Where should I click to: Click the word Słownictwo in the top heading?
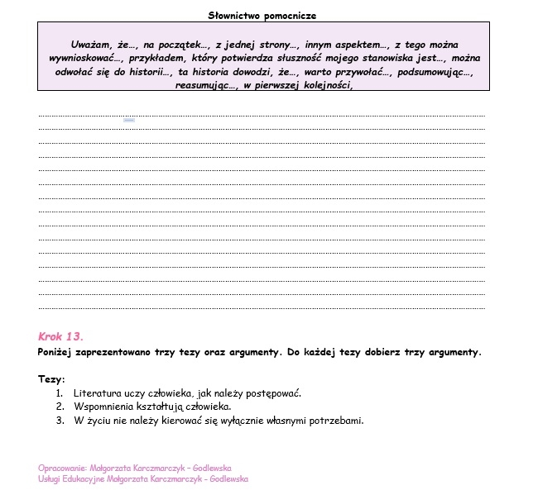pos(233,15)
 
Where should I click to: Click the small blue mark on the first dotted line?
pos(129,121)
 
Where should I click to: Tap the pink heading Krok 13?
pos(60,336)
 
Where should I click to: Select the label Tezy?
pos(51,379)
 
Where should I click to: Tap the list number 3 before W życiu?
pos(60,421)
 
